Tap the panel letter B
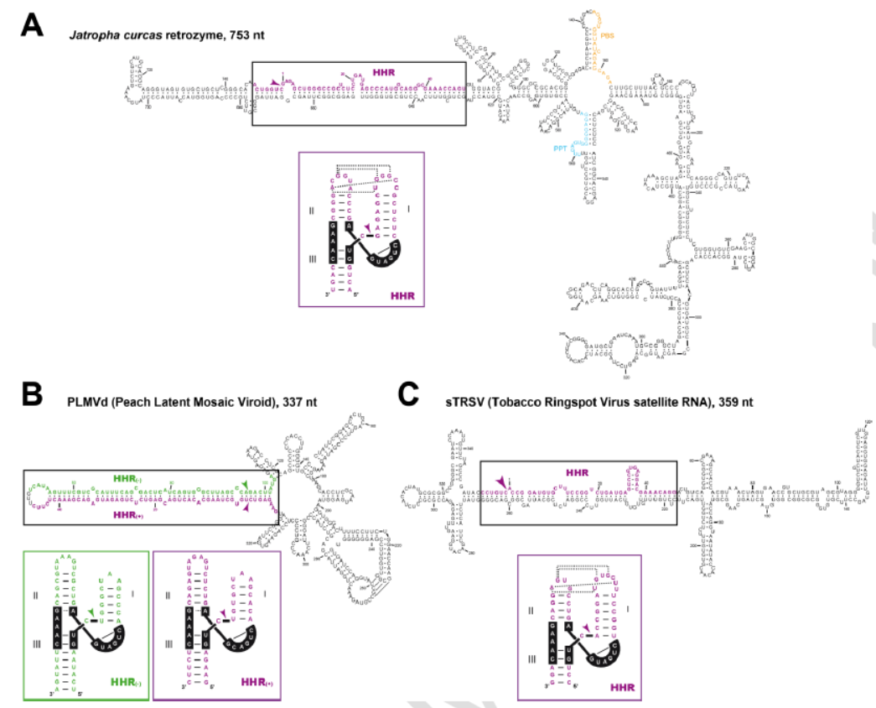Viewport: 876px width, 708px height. [x=32, y=395]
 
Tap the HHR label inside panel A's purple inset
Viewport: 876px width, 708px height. [x=402, y=295]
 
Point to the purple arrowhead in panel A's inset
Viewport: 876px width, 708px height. [x=365, y=228]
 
